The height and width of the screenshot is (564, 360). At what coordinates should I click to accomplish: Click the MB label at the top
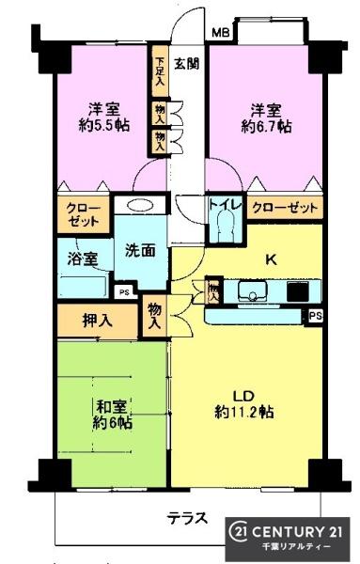click(x=220, y=34)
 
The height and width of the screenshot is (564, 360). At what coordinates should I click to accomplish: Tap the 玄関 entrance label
click(x=185, y=64)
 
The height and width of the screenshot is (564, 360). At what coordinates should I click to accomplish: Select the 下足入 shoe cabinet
click(x=161, y=71)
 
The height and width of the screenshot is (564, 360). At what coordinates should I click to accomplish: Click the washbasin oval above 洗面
click(x=140, y=208)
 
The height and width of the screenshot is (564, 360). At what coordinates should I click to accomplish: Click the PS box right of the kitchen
click(x=315, y=317)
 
